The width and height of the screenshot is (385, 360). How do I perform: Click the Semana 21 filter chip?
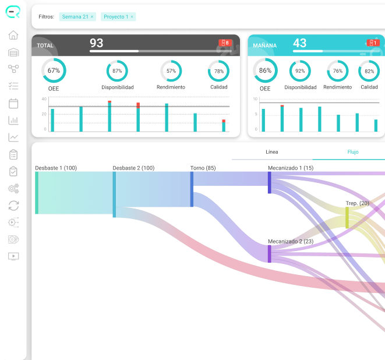pyautogui.click(x=77, y=17)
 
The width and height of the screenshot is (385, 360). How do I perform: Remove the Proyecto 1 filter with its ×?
pyautogui.click(x=132, y=17)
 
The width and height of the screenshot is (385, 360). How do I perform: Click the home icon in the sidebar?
pyautogui.click(x=13, y=35)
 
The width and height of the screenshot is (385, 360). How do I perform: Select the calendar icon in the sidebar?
pyautogui.click(x=13, y=103)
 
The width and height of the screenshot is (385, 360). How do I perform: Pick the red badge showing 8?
pyautogui.click(x=225, y=43)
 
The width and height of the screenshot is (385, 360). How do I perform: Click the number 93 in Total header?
pyautogui.click(x=96, y=43)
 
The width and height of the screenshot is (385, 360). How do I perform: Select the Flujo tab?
pyautogui.click(x=353, y=152)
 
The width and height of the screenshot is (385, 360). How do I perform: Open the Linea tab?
pyautogui.click(x=272, y=152)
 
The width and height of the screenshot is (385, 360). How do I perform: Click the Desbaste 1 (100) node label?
pyautogui.click(x=56, y=168)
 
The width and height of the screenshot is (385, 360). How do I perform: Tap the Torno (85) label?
pyautogui.click(x=203, y=168)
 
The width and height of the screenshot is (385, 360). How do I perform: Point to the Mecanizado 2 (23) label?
pyautogui.click(x=291, y=241)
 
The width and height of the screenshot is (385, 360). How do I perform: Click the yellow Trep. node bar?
pyautogui.click(x=347, y=217)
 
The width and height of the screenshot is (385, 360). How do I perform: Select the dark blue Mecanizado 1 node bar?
pyautogui.click(x=269, y=182)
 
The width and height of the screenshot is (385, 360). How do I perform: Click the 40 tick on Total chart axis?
pyautogui.click(x=44, y=99)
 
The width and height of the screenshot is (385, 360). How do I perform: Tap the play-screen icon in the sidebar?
pyautogui.click(x=13, y=256)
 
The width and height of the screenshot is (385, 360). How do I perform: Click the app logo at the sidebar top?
pyautogui.click(x=13, y=12)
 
